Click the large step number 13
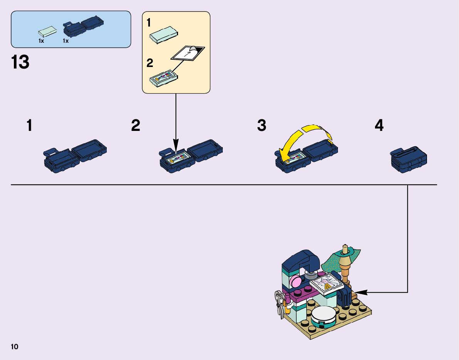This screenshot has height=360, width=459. point(20,62)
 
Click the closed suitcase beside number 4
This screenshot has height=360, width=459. point(409,159)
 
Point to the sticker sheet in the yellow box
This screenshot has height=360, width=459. point(188,54)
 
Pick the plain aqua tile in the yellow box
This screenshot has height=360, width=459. point(163,36)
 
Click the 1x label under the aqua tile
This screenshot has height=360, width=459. point(41,41)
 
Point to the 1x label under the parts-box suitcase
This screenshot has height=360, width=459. point(66,41)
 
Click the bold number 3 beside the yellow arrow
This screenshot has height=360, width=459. point(262,126)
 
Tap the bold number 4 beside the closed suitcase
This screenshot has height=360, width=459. point(379,126)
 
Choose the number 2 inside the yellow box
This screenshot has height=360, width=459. point(150,63)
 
